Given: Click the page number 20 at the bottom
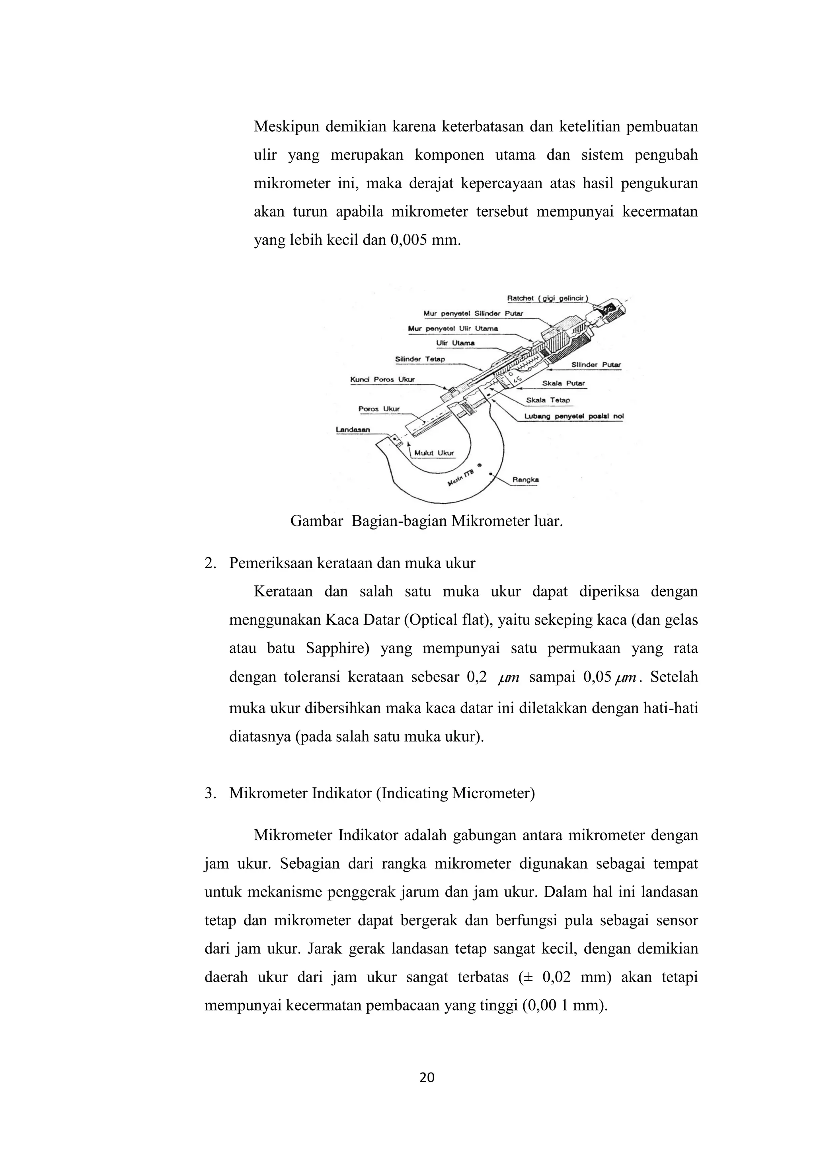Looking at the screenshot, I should click(x=427, y=1078).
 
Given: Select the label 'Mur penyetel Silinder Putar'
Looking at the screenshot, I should click(x=473, y=313).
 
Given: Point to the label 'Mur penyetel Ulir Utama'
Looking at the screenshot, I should click(x=453, y=328).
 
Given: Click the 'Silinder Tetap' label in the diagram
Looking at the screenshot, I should click(x=420, y=359).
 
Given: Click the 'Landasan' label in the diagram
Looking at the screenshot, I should click(x=353, y=429).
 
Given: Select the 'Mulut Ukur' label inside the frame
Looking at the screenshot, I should click(x=434, y=453).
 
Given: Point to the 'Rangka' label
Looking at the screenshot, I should click(x=525, y=480).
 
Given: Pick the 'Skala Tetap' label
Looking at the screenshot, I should click(x=548, y=400).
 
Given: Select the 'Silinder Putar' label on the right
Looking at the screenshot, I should click(x=596, y=365).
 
